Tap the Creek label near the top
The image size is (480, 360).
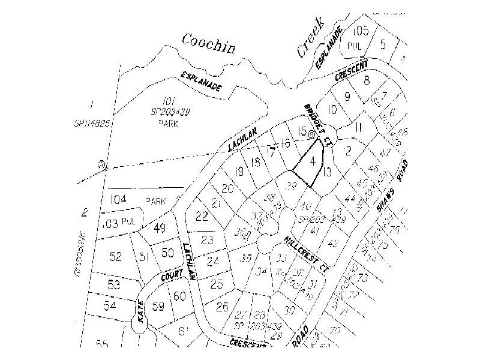310,36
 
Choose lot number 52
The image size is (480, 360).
116,256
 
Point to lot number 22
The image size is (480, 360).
202,216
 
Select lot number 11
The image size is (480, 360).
358,127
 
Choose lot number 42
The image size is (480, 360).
334,242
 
